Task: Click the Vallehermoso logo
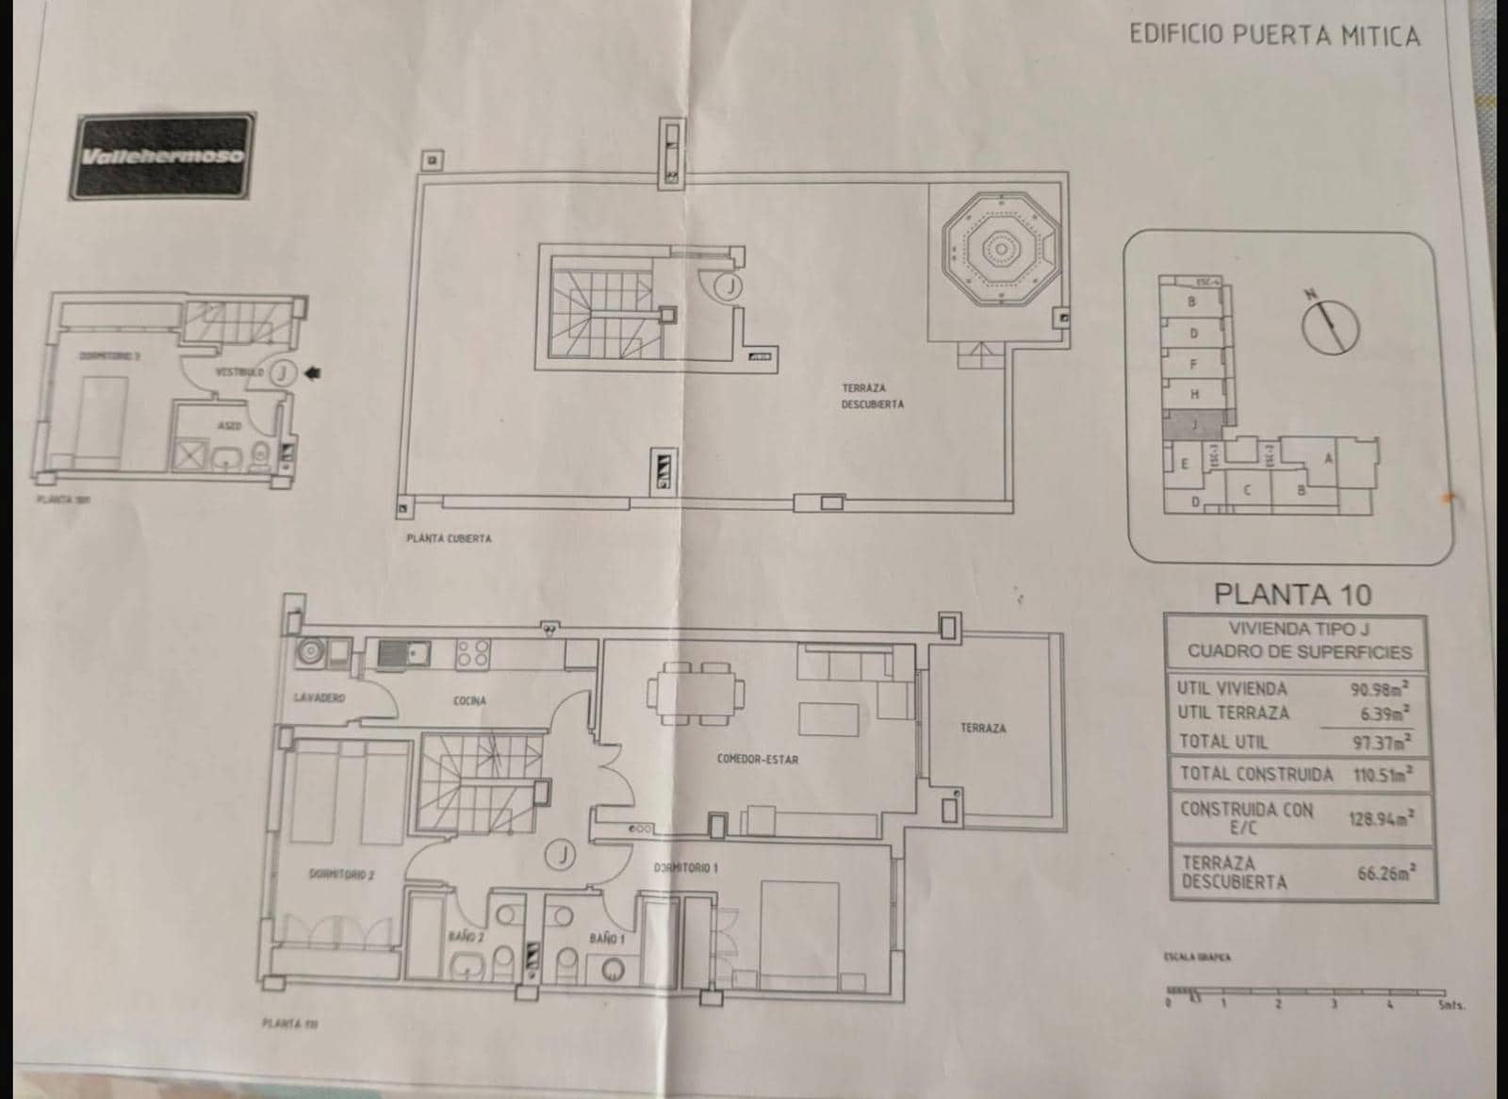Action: (x=162, y=156)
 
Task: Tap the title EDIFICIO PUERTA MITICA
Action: (x=1273, y=36)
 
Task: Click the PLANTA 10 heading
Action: (x=1291, y=594)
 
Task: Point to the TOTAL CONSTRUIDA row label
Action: (x=1255, y=775)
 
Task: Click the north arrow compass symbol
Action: (x=1330, y=325)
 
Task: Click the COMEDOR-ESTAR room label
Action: (x=757, y=759)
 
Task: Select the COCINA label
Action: (x=469, y=700)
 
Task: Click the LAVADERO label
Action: (x=319, y=698)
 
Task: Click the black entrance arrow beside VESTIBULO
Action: (x=313, y=373)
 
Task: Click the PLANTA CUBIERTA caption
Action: (x=449, y=539)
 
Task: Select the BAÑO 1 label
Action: (x=603, y=938)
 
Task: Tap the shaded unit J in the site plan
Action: (x=1196, y=424)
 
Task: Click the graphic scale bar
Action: (x=1305, y=992)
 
